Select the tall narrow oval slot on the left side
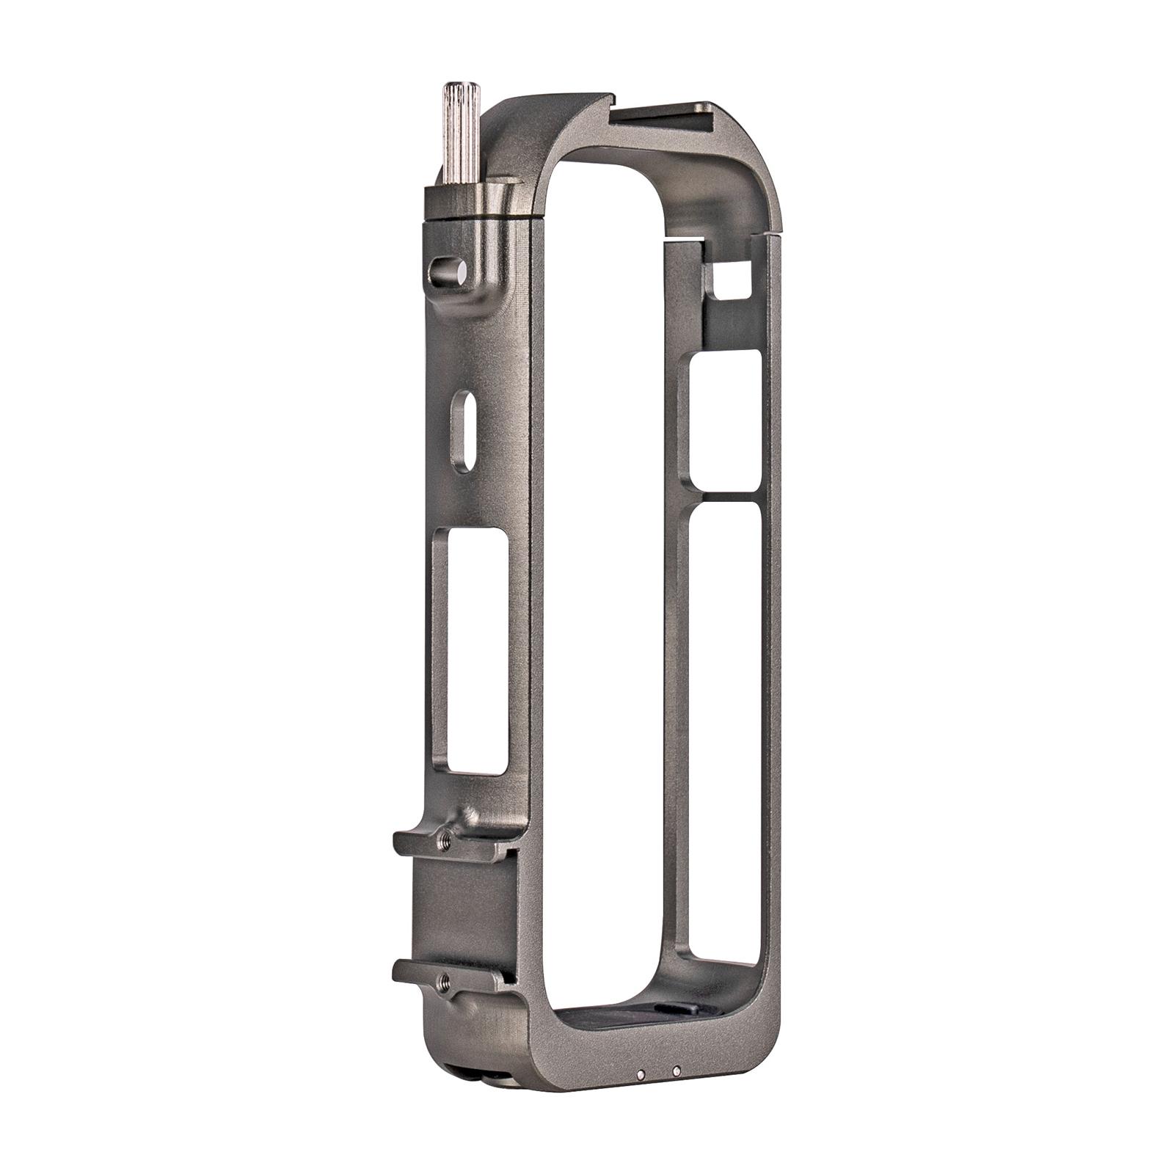click(460, 431)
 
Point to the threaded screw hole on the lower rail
click(442, 979)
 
